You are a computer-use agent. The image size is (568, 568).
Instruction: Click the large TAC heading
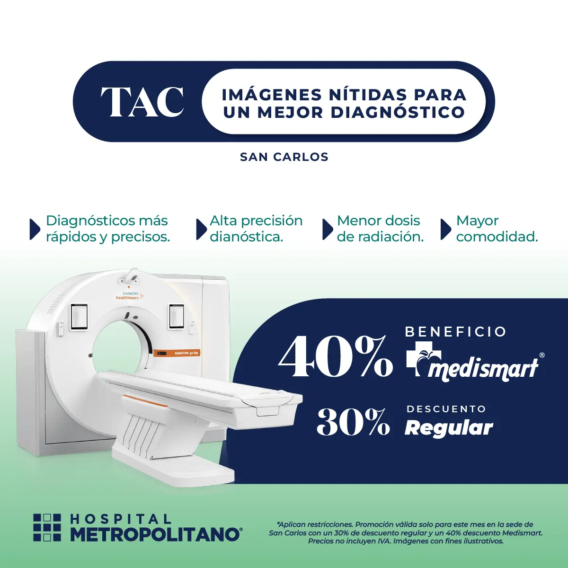pyautogui.click(x=142, y=101)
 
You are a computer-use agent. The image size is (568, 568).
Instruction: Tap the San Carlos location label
pyautogui.click(x=284, y=157)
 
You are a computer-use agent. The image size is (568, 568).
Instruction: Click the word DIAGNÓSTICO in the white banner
pyautogui.click(x=398, y=113)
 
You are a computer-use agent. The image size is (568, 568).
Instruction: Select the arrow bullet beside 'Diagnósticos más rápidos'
pyautogui.click(x=35, y=229)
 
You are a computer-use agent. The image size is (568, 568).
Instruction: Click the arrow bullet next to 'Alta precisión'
pyautogui.click(x=202, y=229)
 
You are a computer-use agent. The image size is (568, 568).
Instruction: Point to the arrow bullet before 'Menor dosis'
pyautogui.click(x=328, y=229)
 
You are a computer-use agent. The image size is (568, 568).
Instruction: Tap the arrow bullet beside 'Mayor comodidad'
pyautogui.click(x=446, y=229)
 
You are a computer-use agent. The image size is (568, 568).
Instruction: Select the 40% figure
pyautogui.click(x=335, y=357)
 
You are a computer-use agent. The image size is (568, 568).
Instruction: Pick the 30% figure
pyautogui.click(x=353, y=422)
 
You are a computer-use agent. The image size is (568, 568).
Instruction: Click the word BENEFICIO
pyautogui.click(x=456, y=332)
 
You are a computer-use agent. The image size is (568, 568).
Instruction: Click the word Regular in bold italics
pyautogui.click(x=449, y=428)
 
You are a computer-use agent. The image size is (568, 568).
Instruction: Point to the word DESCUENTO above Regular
pyautogui.click(x=446, y=409)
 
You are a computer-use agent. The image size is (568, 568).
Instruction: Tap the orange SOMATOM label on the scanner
pyautogui.click(x=177, y=353)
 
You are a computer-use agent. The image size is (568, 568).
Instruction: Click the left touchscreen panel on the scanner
pyautogui.click(x=80, y=317)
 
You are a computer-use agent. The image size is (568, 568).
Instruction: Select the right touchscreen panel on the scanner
pyautogui.click(x=177, y=317)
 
